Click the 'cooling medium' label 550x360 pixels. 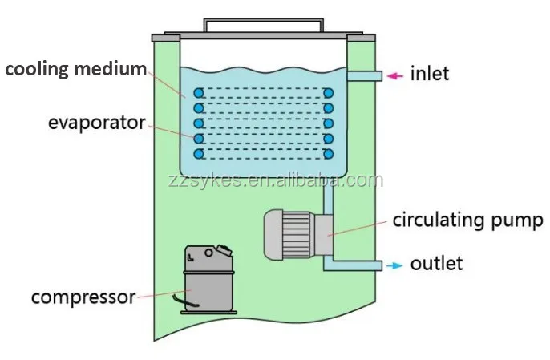(76, 70)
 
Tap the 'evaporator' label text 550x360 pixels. (96, 123)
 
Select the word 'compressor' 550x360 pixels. (83, 297)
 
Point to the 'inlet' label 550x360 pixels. (430, 75)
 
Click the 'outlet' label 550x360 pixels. (436, 264)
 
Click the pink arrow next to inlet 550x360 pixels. (394, 76)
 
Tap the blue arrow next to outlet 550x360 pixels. (394, 265)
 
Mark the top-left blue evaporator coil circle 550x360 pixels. (198, 94)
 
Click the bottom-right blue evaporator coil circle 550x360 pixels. (328, 152)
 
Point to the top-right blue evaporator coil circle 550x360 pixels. (328, 94)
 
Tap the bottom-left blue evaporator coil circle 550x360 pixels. (198, 152)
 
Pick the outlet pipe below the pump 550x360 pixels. (353, 265)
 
